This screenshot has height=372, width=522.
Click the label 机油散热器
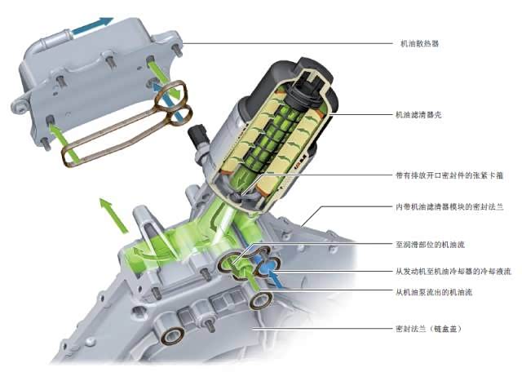point(419,43)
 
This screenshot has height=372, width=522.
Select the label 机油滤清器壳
point(418,115)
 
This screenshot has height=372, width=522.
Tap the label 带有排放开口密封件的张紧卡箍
point(449,175)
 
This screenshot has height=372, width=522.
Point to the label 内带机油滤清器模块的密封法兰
point(449,207)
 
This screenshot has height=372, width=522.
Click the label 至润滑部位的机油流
point(430,245)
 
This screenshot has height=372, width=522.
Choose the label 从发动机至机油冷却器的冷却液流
point(453,272)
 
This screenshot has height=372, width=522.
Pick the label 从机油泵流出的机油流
point(434,293)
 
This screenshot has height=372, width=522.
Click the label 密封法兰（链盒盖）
point(429,329)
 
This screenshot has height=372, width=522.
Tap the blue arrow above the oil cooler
point(93,25)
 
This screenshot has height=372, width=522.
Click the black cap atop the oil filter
point(316,69)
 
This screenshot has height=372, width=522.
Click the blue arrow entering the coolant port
point(276,279)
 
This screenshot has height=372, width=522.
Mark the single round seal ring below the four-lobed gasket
point(261,300)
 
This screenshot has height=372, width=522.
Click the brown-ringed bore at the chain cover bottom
point(172,335)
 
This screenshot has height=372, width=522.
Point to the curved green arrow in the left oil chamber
point(150,254)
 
